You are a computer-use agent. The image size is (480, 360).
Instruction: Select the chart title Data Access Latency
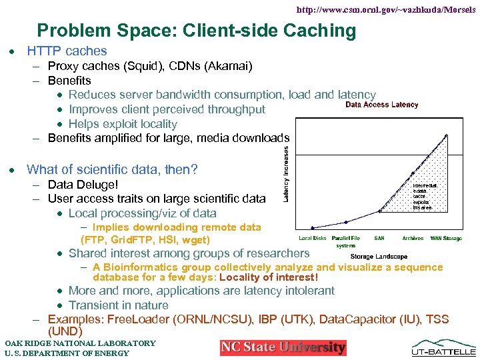(381, 105)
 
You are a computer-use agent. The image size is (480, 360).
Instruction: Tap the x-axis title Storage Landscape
(379, 257)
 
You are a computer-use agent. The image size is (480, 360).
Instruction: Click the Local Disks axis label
(313, 238)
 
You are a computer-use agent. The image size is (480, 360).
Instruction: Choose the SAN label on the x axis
(379, 238)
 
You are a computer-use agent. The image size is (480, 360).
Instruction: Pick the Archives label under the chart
(413, 238)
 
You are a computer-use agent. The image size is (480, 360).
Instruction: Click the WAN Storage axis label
(446, 238)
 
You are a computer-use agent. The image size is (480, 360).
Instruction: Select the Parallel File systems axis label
(346, 241)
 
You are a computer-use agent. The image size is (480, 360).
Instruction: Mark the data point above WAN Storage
(446, 135)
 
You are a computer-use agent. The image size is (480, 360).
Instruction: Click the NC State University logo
(283, 347)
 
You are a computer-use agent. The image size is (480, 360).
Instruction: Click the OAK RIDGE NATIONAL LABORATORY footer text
(80, 343)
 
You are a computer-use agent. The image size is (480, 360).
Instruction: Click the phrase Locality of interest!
(269, 277)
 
